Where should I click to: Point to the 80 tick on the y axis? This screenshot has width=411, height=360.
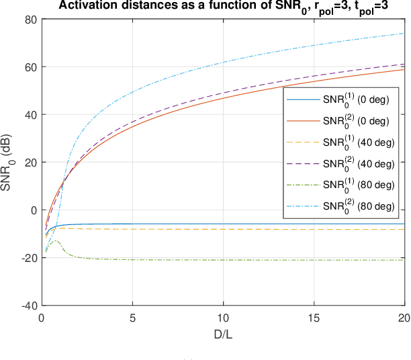30,19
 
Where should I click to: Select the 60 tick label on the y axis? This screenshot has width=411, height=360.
30,67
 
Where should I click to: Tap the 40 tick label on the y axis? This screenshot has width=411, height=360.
30,115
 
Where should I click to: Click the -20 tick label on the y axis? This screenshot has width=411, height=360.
28,258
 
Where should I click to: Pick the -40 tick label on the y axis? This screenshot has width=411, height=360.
28,306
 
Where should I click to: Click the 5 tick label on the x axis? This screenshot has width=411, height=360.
133,316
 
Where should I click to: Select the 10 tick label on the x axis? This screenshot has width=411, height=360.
224,316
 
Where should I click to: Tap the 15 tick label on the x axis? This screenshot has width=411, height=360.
314,316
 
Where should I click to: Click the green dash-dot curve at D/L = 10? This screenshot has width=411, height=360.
224,260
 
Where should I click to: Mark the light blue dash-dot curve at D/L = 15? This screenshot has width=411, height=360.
314,46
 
